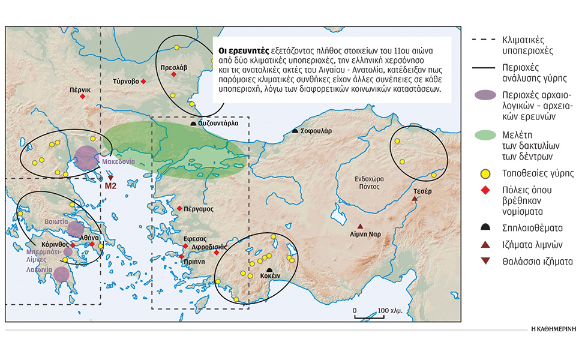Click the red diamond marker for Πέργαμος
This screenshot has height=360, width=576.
pos(179,208)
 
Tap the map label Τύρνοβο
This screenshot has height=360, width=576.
pos(125,81)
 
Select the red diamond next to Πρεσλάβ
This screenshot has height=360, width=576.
pos(174,74)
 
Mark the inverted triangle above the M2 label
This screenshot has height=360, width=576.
pos(110,177)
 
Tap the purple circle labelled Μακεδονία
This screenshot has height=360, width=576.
pos(86,158)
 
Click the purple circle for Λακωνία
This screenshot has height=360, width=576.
pos(61,275)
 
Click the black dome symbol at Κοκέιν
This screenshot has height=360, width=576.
pos(269,271)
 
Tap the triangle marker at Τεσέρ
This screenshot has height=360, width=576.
pos(415,199)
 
